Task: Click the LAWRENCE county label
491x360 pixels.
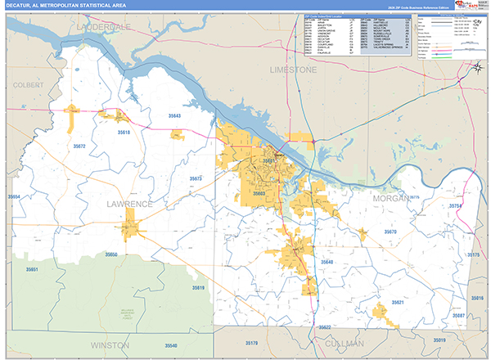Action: click(129, 202)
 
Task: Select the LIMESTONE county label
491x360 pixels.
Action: click(293, 70)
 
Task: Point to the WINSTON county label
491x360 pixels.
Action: click(110, 345)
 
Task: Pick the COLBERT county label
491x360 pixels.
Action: click(28, 84)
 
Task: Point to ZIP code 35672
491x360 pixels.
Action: click(79, 146)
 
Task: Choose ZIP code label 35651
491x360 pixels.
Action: click(32, 269)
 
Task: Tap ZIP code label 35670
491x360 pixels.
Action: click(390, 232)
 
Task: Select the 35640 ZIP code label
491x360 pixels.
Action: click(327, 262)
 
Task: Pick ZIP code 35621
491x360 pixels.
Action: click(397, 302)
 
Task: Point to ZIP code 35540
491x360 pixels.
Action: click(171, 345)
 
